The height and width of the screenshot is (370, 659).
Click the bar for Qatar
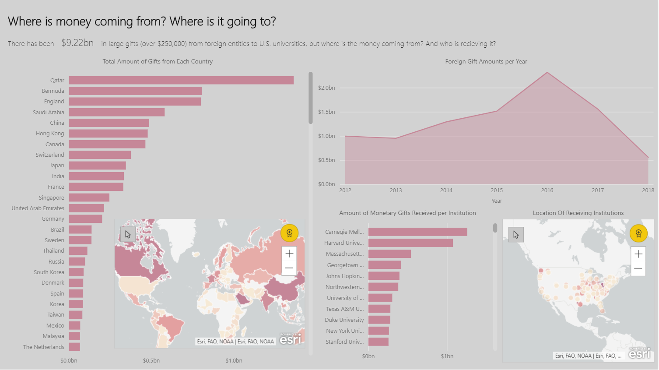point(181,80)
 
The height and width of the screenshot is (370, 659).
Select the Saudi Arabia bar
point(116,113)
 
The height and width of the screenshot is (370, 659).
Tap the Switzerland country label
point(50,155)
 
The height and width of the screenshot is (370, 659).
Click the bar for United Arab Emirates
point(86,208)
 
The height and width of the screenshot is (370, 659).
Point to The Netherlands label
point(44,347)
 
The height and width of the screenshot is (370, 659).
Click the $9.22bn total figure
point(77,43)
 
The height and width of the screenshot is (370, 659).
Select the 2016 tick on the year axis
point(547,190)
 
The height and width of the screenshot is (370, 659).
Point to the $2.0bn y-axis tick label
point(326,88)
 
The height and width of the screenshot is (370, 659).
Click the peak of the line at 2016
point(547,73)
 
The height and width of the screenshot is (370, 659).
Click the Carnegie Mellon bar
point(417,232)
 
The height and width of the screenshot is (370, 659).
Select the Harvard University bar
point(410,243)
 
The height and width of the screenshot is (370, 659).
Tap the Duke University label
point(344,320)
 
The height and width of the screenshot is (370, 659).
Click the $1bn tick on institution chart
point(447,356)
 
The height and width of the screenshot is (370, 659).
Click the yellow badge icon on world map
point(289,233)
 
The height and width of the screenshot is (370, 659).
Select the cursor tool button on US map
point(516,235)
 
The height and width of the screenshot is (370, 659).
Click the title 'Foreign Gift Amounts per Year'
point(486,62)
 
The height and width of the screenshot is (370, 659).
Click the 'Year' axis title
point(497,201)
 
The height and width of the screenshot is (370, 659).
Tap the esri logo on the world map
point(291,339)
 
